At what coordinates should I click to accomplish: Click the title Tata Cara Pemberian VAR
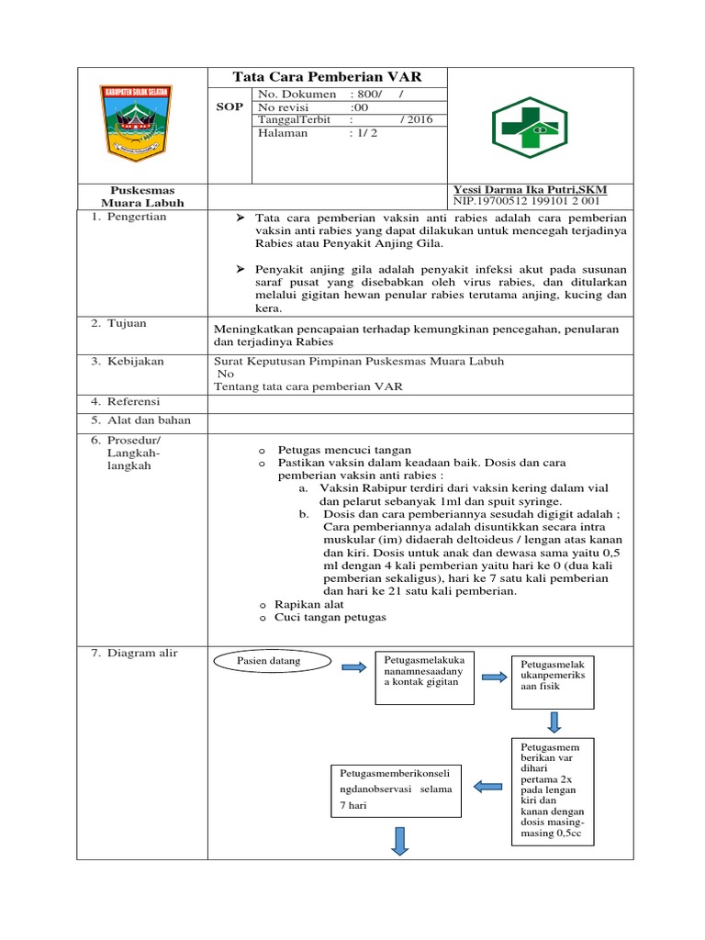click(x=328, y=77)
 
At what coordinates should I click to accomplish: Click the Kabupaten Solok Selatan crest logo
click(x=136, y=120)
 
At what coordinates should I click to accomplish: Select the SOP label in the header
click(x=229, y=106)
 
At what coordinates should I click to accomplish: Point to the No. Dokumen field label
click(x=297, y=95)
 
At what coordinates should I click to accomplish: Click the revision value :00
click(x=359, y=107)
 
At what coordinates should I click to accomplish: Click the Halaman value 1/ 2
click(x=364, y=132)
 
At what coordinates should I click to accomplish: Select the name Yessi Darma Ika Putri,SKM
click(x=530, y=189)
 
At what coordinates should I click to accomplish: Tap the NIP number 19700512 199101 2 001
click(x=527, y=201)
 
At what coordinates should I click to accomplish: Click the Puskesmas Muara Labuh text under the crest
click(x=142, y=196)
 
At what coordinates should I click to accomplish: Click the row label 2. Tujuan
click(x=119, y=324)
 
